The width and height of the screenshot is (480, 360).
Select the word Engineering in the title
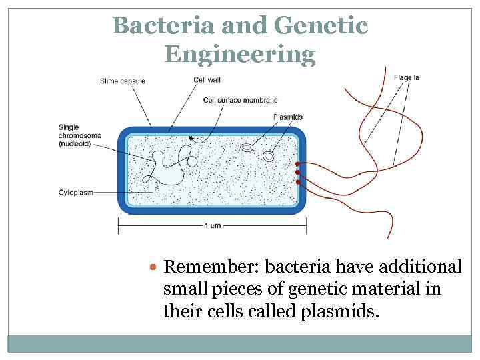[x=240, y=54]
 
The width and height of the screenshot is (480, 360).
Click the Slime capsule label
[x=122, y=81]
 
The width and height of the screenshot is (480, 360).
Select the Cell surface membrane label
[x=240, y=100]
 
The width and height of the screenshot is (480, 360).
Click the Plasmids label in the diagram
[x=287, y=117]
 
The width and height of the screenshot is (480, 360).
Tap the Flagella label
[x=406, y=77]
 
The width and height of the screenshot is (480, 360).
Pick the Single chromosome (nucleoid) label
[x=79, y=135]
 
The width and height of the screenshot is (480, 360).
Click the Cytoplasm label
[x=75, y=192]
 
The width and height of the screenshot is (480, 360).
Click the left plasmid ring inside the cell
[x=247, y=146]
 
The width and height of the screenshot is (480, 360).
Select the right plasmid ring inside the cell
[x=268, y=156]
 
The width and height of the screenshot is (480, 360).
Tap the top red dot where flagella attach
[x=297, y=164]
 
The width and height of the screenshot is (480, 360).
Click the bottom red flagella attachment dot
[x=297, y=181]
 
